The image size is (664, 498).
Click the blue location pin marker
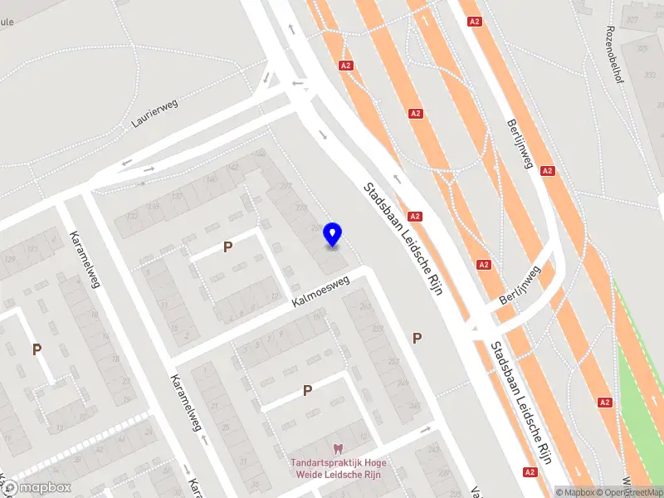click(x=333, y=234)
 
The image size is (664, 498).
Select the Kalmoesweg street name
click(x=320, y=294)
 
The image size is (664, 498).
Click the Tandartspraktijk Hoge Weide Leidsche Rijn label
click(x=338, y=468)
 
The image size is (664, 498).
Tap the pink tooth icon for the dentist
click(x=338, y=449)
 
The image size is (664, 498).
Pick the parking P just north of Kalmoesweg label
click(x=227, y=247)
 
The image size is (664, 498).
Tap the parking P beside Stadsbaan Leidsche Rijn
click(x=417, y=337)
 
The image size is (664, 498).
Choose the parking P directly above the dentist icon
click(x=307, y=390)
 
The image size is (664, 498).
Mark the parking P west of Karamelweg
click(x=37, y=349)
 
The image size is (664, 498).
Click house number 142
click(x=233, y=167)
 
